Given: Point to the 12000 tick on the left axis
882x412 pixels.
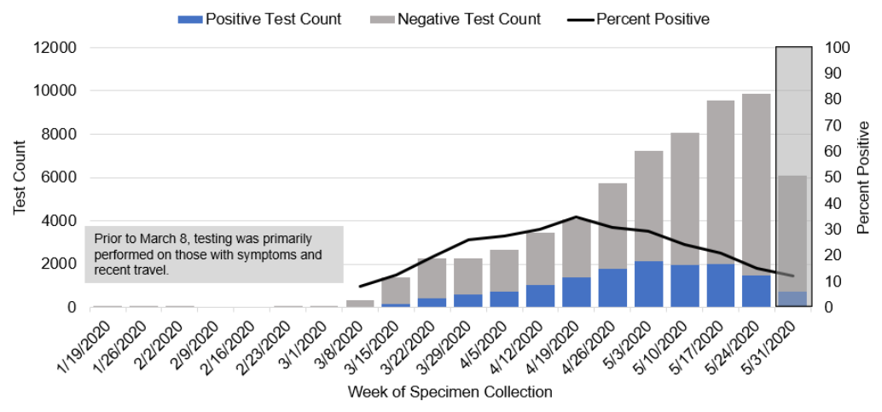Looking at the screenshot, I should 55,48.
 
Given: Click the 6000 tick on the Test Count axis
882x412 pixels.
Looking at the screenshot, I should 59,178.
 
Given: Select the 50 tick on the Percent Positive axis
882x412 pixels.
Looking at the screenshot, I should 835,177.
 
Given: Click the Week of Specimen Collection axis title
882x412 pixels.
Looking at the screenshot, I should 450,392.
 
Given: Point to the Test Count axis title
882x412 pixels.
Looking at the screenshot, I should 20,177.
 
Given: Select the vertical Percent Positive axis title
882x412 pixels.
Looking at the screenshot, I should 863,177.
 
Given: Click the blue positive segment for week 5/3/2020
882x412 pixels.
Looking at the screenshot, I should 648,284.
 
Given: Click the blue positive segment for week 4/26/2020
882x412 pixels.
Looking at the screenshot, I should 612,287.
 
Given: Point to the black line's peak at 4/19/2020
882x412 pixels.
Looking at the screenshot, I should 577,217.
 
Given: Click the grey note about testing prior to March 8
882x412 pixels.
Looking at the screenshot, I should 213,253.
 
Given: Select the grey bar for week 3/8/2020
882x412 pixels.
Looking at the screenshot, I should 359,303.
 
